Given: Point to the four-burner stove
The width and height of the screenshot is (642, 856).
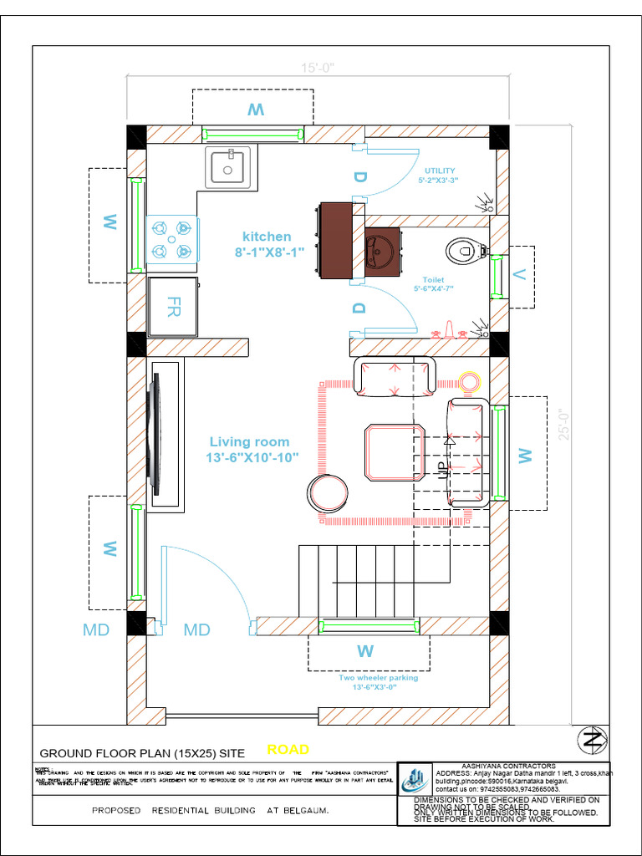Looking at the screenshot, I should click(x=171, y=240).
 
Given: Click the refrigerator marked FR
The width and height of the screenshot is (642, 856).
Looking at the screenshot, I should click(x=174, y=306).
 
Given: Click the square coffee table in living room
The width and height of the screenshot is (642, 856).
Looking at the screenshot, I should click(x=395, y=452).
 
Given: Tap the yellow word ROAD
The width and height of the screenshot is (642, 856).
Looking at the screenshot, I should click(x=288, y=749).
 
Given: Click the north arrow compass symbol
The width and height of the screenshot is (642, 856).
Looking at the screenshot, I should click(x=593, y=740).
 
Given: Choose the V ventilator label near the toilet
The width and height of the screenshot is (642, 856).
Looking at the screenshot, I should click(x=519, y=273).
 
